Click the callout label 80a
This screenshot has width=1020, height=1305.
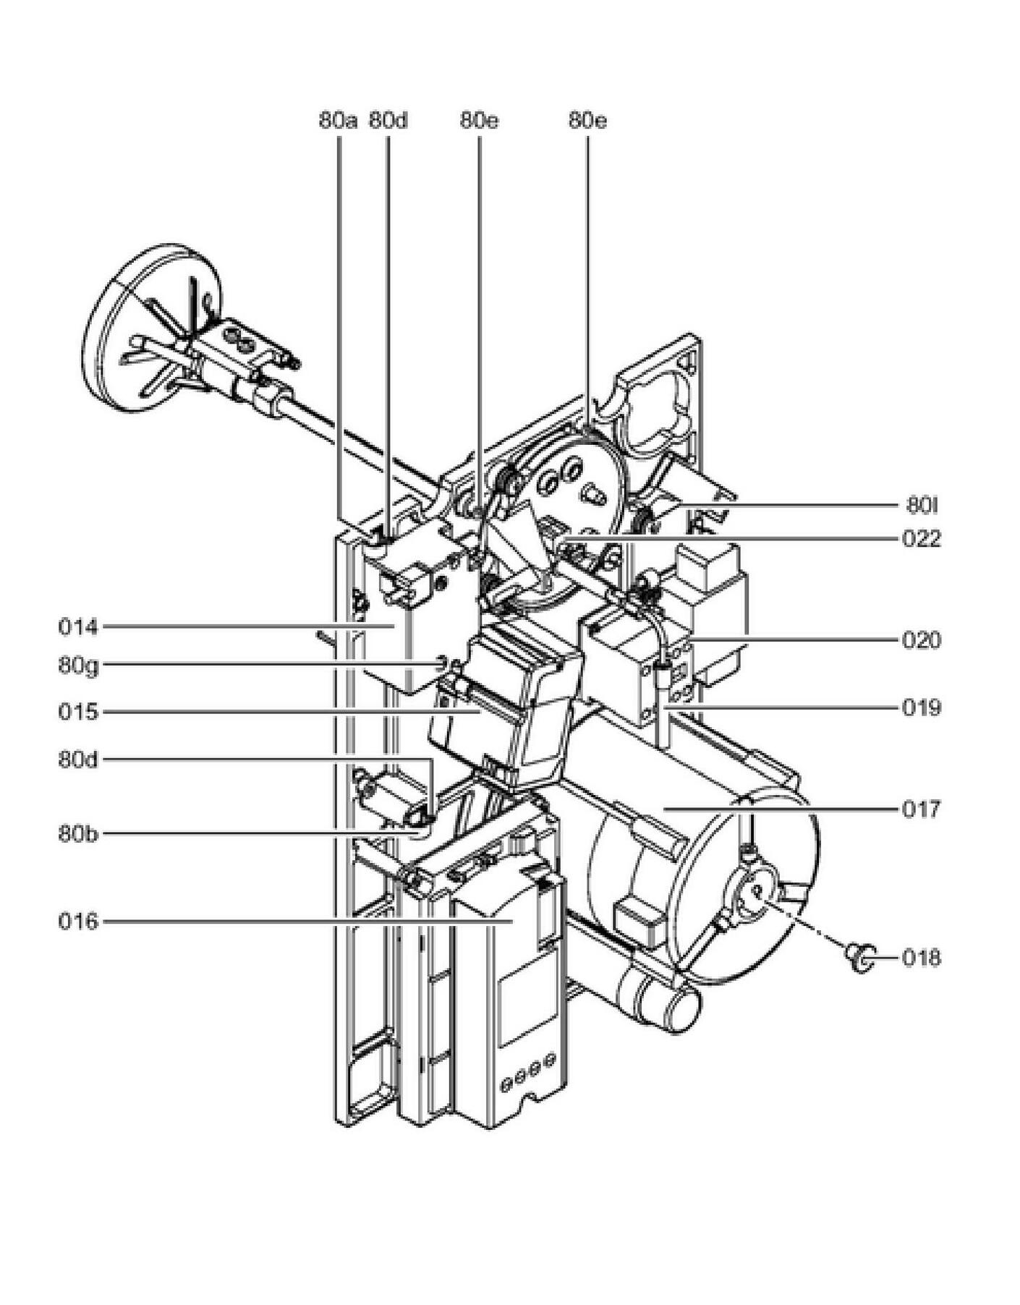pos(338,120)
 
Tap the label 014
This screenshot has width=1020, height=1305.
pos(77,627)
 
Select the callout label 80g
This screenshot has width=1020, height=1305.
pos(78,666)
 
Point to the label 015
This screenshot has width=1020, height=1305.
pos(77,712)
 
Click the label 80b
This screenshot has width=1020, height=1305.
pos(78,833)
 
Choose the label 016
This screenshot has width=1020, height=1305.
pos(77,922)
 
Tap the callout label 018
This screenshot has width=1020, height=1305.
pos(922,958)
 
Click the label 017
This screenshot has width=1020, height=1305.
pos(922,809)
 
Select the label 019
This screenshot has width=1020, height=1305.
pos(922,707)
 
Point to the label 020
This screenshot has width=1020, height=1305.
pos(922,640)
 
